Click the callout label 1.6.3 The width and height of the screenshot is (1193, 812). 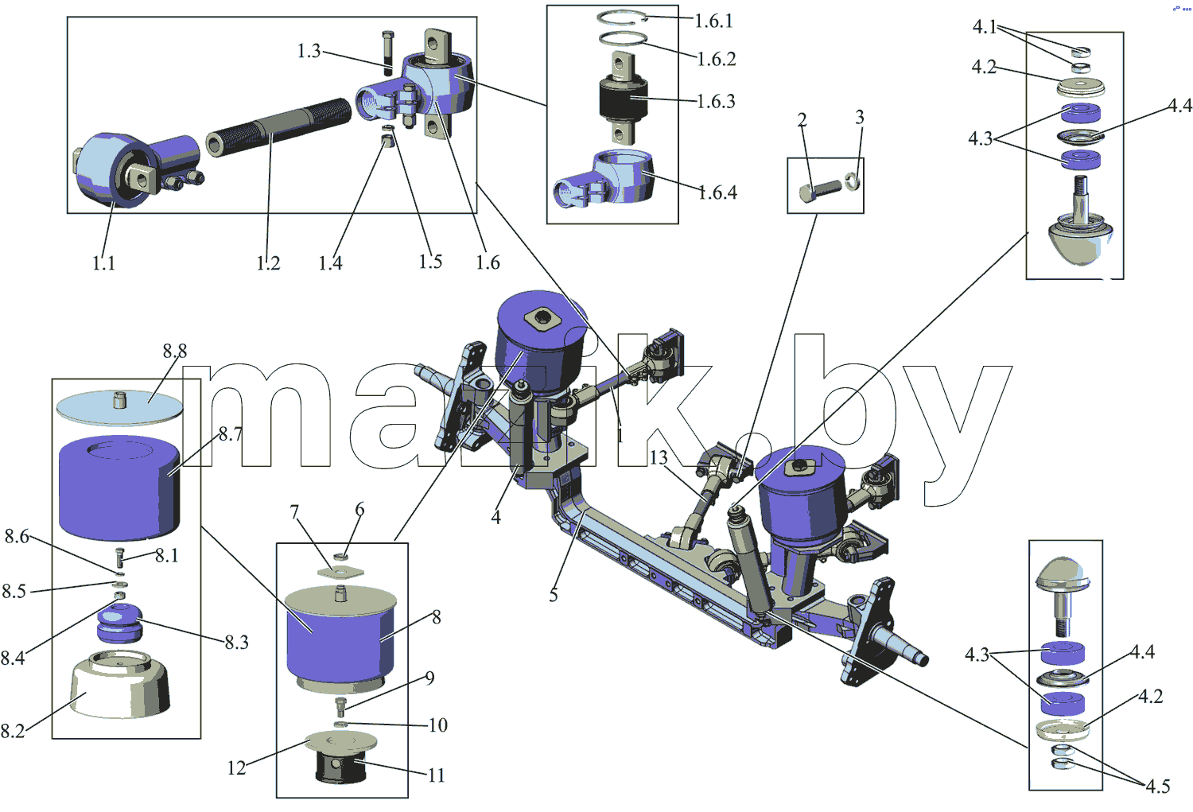point(717,101)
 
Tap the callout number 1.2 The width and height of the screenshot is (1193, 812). point(268,262)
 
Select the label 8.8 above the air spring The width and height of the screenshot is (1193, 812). point(175,351)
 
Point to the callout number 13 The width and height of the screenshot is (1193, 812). point(659,457)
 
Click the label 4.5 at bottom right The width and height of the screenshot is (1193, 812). point(1158,786)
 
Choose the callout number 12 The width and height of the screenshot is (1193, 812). point(236,767)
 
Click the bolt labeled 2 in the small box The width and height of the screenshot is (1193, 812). point(820,190)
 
